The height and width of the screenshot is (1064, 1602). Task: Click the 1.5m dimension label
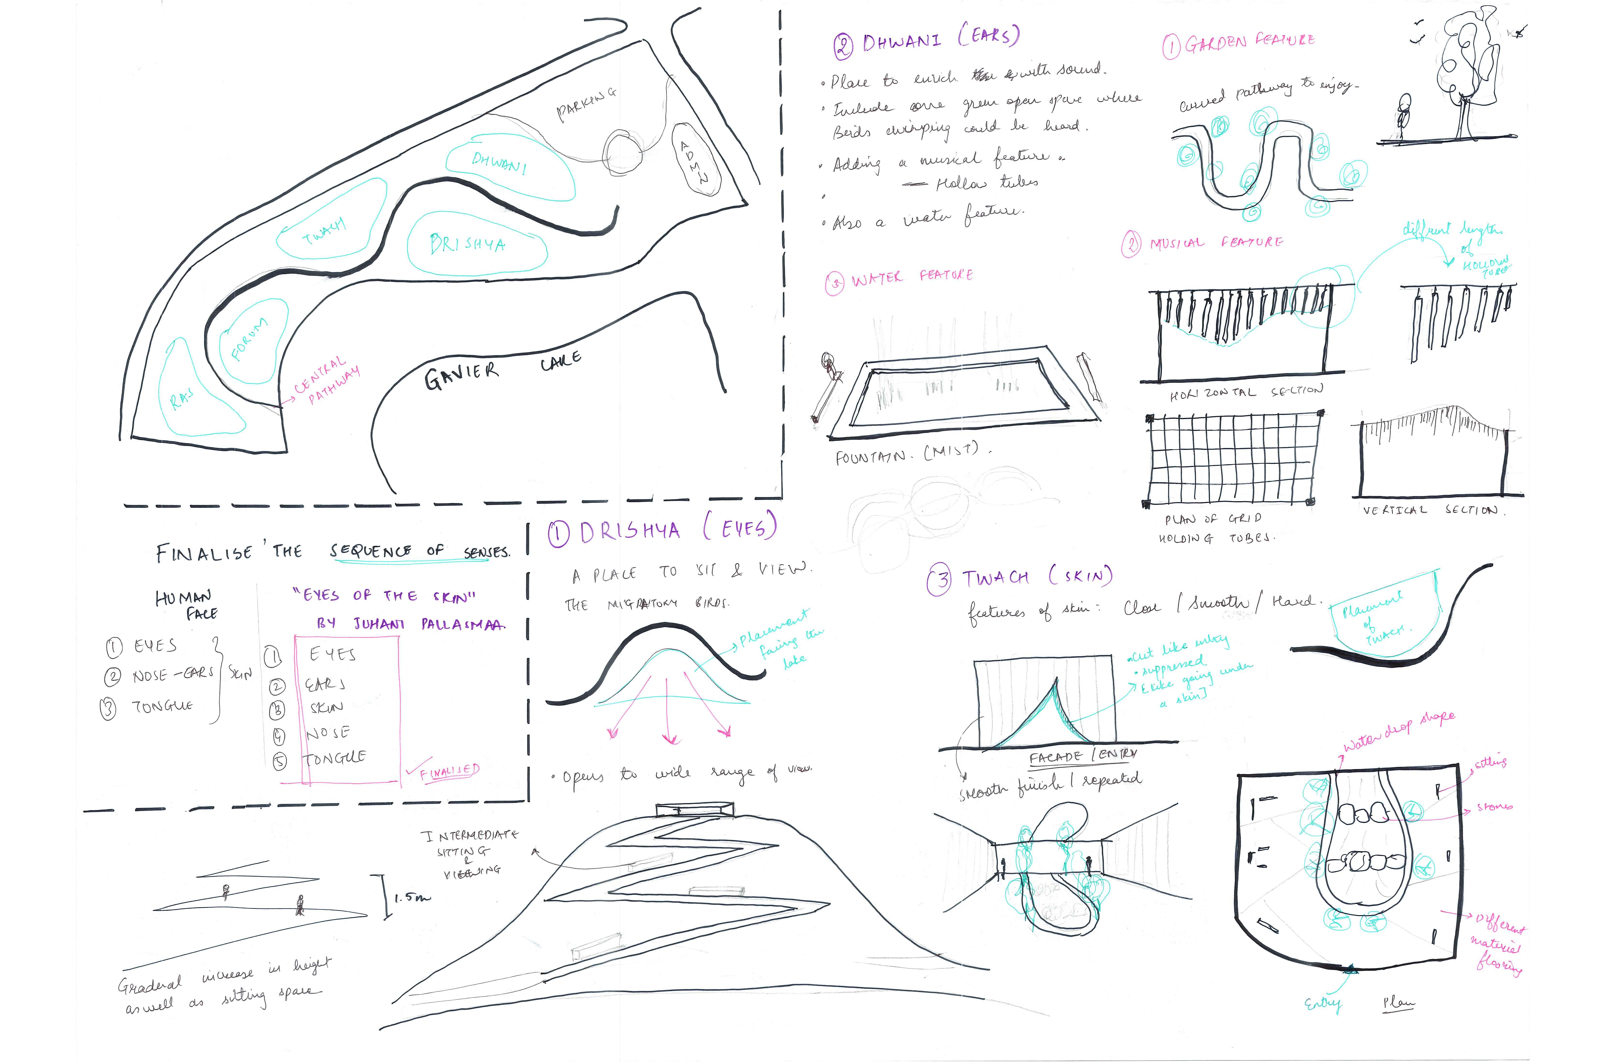[412, 897]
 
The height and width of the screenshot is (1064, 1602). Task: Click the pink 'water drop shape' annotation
[1398, 732]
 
